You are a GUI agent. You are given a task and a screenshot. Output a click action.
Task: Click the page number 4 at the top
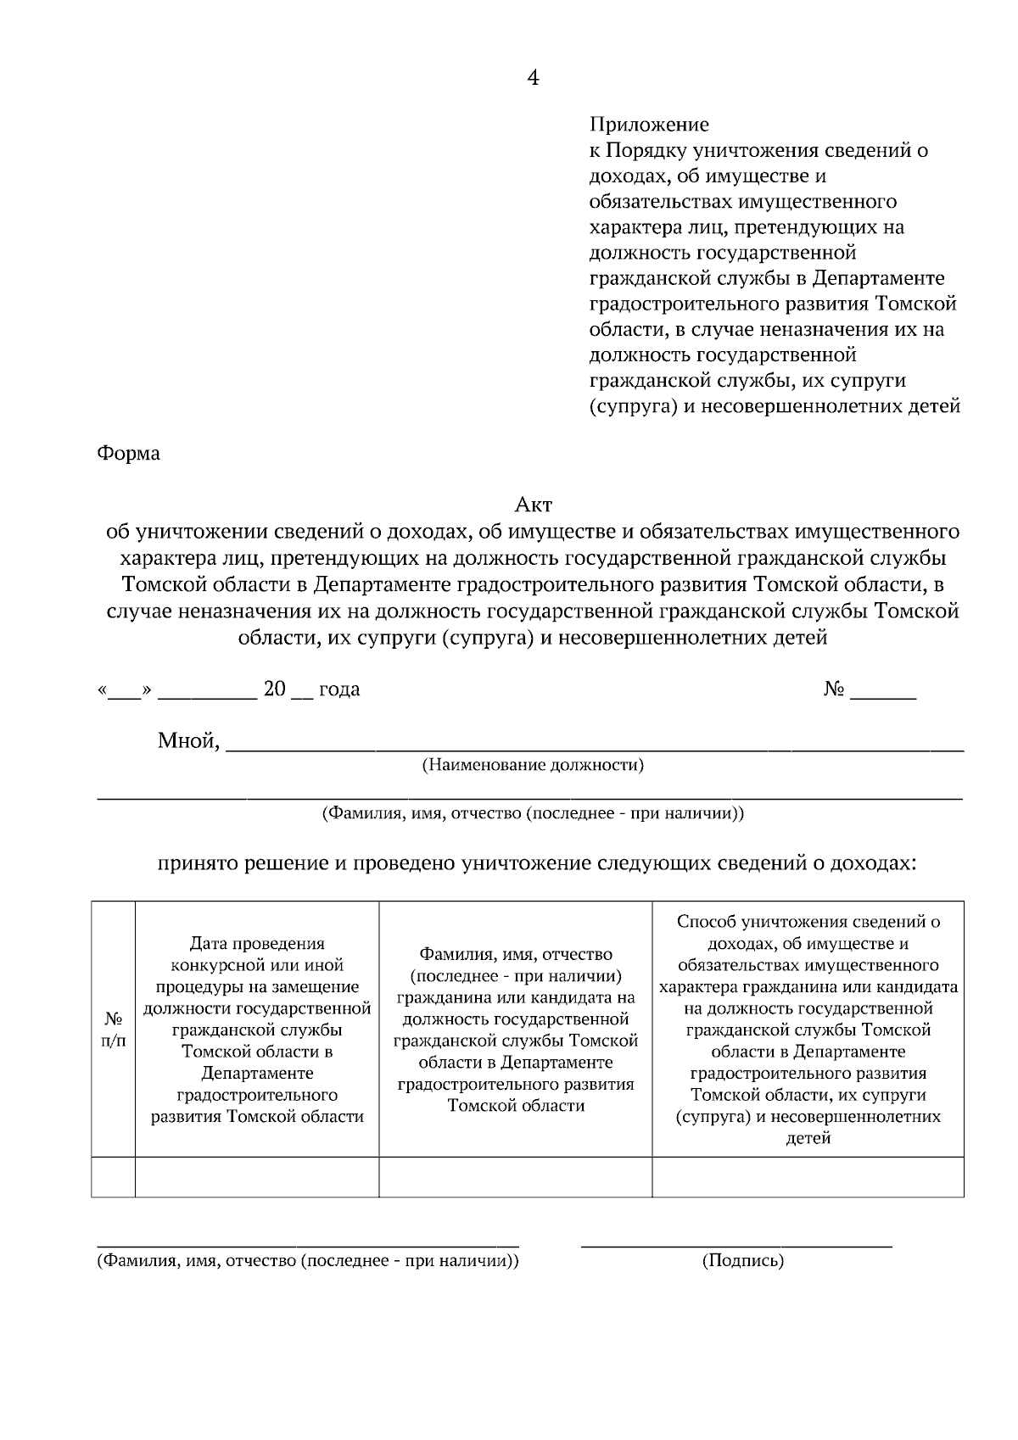(533, 78)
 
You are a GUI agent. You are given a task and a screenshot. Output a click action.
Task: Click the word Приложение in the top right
(649, 125)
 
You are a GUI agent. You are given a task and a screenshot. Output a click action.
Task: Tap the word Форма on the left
(128, 454)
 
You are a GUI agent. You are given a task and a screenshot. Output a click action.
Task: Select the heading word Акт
(533, 505)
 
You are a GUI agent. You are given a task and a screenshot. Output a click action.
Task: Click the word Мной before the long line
(188, 742)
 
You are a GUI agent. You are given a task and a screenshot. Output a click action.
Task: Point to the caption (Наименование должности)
(533, 766)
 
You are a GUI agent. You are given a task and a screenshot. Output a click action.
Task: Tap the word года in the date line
(338, 689)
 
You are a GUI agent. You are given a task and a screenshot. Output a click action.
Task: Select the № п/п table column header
(113, 1030)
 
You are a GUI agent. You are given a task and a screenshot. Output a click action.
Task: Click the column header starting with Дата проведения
(257, 1030)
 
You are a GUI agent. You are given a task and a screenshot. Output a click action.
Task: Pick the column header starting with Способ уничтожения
(808, 1030)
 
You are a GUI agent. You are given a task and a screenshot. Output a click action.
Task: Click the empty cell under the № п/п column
(113, 1177)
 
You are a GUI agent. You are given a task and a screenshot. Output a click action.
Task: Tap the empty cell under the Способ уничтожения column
(808, 1177)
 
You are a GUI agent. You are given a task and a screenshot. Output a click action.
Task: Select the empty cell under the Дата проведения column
(257, 1177)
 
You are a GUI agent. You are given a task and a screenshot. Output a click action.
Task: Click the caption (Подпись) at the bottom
(742, 1261)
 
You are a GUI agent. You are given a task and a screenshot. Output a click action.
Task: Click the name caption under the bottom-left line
(307, 1261)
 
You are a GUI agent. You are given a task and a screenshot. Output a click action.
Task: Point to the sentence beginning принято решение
(536, 864)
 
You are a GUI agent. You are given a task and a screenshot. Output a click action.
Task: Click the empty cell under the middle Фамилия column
(515, 1177)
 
